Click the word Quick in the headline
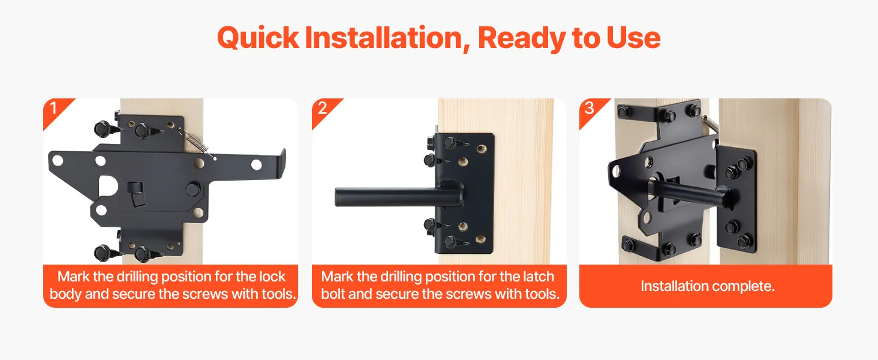(258, 38)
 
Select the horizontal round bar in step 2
(396, 196)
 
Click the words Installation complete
(708, 286)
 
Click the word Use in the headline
(633, 38)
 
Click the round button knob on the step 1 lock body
(193, 189)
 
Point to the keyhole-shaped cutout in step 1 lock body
(109, 187)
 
